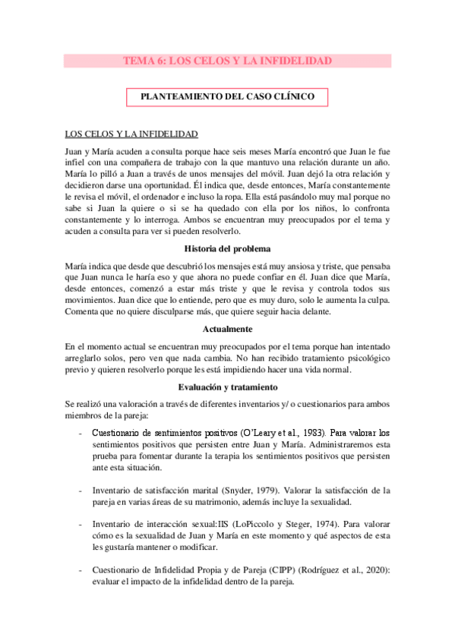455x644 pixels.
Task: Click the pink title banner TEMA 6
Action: pos(227,61)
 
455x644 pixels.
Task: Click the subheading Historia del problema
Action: pos(227,248)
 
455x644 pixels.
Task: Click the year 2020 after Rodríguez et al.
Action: pos(375,571)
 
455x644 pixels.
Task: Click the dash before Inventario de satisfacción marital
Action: pos(81,491)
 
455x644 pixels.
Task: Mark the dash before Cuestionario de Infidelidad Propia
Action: pos(81,571)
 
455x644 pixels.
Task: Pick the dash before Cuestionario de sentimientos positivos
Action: pos(81,433)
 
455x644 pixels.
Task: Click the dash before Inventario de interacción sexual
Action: pos(81,525)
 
